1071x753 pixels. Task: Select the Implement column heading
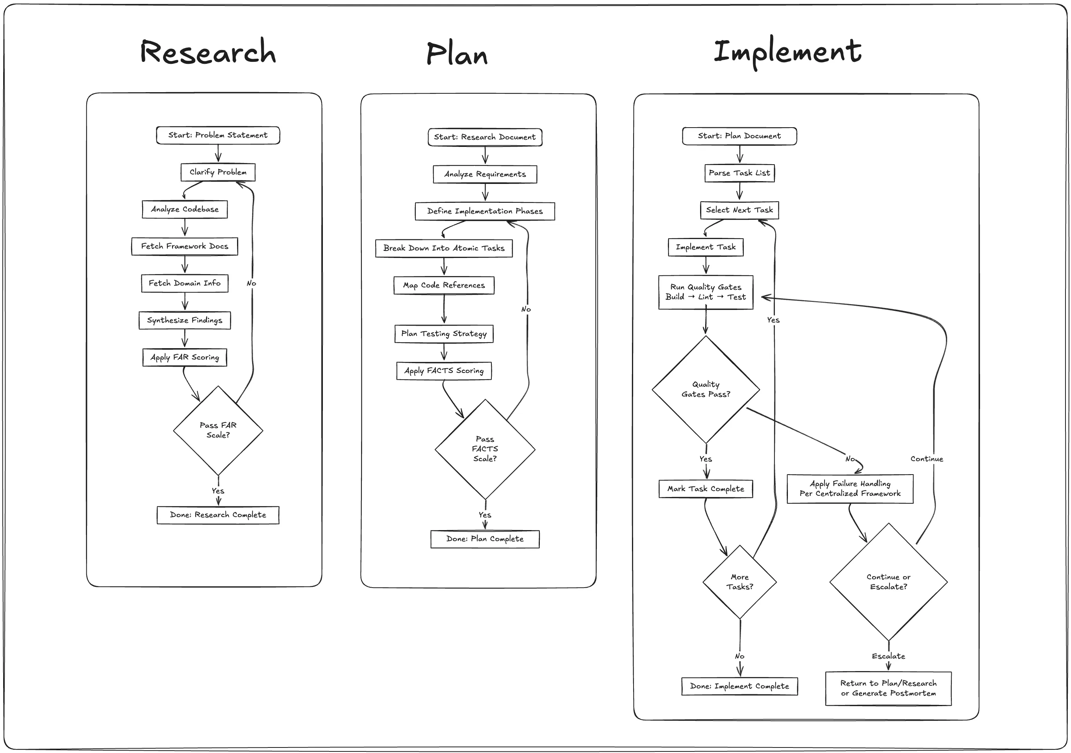coord(787,51)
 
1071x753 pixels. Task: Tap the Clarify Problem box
coord(218,172)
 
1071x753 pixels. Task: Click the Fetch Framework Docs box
coord(185,246)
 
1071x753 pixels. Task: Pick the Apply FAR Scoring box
coord(185,357)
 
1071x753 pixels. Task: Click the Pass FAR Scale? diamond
coord(218,430)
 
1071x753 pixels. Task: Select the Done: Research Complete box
coord(218,515)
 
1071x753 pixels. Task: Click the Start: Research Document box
coord(485,137)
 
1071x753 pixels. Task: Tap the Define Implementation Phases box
coord(485,211)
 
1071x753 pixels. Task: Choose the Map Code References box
coord(444,285)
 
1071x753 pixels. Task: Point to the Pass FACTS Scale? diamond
coord(485,449)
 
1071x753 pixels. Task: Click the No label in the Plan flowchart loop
coord(526,309)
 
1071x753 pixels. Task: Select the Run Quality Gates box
coord(705,292)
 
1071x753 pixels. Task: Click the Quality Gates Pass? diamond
coord(705,389)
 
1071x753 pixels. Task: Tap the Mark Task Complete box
coord(705,489)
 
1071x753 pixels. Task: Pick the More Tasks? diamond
coord(739,582)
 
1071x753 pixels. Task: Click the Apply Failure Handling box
coord(849,488)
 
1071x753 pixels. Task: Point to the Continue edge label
coord(926,459)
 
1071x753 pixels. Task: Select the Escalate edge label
coord(888,657)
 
